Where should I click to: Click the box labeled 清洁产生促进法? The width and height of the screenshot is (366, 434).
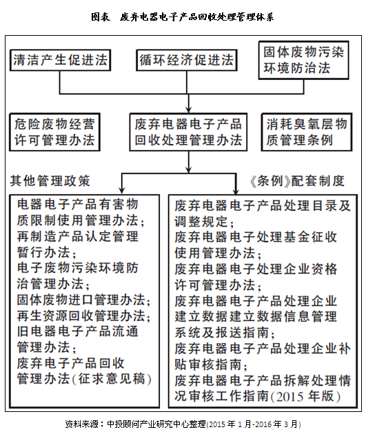point(61,60)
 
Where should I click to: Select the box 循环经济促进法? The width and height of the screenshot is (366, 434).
point(187,60)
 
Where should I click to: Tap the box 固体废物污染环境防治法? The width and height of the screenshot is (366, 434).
point(304,61)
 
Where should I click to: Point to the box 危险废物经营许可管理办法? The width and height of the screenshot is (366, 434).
point(54,132)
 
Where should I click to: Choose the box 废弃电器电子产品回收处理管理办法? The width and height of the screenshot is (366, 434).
point(188,132)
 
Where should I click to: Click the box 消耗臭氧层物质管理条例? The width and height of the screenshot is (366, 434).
point(307,132)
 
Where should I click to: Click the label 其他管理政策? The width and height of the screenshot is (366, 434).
point(50,180)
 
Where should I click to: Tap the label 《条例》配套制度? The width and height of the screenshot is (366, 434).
point(297,181)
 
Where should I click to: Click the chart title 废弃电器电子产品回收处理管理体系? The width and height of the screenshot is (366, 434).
point(183,17)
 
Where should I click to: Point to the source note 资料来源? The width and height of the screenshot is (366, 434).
point(183,424)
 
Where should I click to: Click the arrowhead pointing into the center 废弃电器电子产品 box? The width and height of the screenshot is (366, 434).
point(189,110)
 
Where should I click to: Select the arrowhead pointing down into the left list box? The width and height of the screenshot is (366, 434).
point(121,190)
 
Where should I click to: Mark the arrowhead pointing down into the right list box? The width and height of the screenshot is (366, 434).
point(236,190)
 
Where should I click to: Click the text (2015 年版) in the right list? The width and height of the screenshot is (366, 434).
point(305,396)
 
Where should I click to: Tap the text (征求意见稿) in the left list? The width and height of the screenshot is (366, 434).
point(112,379)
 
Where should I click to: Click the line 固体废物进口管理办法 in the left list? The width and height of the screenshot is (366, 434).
point(83,300)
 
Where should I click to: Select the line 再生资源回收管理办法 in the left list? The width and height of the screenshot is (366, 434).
point(83,316)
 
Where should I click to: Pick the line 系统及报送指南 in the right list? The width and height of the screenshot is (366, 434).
point(225,333)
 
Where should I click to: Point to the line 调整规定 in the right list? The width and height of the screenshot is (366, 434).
point(204,221)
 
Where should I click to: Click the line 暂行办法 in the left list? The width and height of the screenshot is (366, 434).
point(46,252)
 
